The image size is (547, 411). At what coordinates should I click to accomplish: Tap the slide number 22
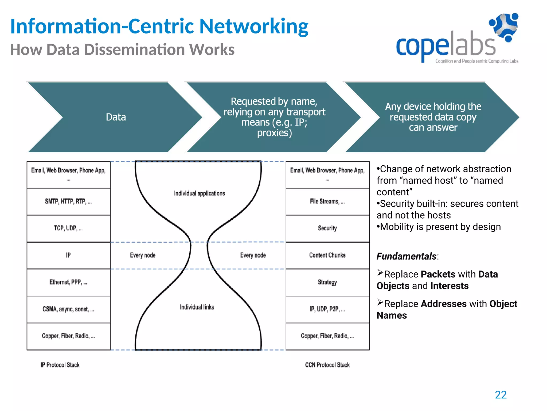coord(501,395)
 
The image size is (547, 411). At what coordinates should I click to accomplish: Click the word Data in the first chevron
coord(116,117)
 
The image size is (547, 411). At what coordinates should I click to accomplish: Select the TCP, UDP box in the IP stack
coord(68,228)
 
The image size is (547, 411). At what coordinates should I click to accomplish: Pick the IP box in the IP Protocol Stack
coord(68,255)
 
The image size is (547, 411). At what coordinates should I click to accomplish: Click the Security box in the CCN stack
coord(327,228)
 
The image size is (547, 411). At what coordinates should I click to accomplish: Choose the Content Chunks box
coord(327,255)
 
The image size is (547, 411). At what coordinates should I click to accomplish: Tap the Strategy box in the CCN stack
coord(327,282)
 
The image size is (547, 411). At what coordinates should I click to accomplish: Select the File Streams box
coord(327,201)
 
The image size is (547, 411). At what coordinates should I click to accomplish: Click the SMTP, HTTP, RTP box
coord(68,201)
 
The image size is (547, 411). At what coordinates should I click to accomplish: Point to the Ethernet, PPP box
coord(68,282)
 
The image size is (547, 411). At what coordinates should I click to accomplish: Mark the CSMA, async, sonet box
coord(68,309)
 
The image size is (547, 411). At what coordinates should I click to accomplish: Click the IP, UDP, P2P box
coord(327,309)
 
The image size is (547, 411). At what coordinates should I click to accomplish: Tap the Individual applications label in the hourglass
coord(199,193)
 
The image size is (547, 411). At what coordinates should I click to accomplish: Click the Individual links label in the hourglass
coord(197,307)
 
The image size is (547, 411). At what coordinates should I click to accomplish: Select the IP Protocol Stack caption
coord(60,365)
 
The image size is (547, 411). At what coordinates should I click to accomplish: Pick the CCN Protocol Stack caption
coord(327,365)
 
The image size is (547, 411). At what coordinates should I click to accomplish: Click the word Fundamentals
coord(407,256)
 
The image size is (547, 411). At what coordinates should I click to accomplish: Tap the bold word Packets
coord(438,274)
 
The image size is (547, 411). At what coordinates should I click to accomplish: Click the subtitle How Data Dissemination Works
coord(122,50)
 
